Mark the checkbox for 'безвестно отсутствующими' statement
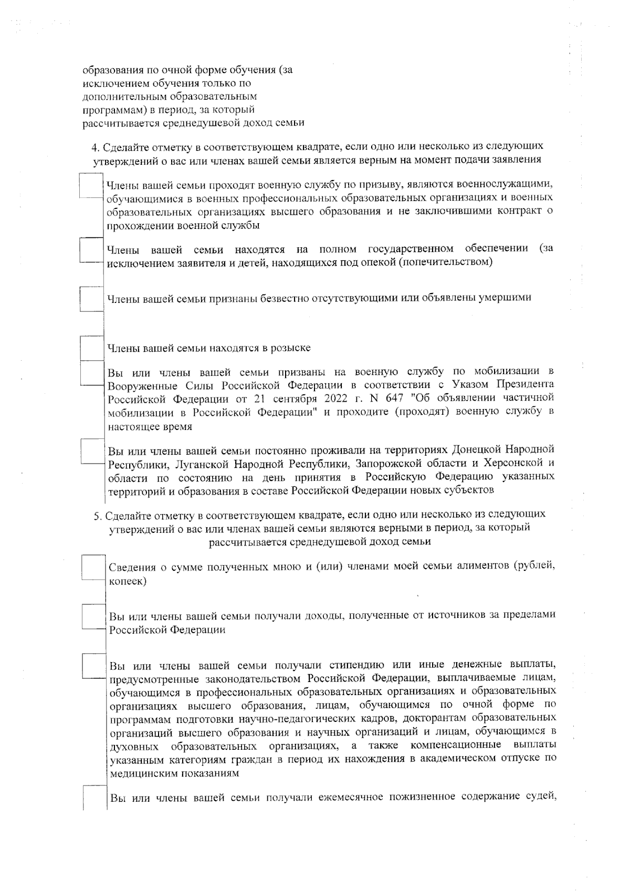[91, 298]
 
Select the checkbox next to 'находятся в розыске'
[92, 347]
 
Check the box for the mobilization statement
[92, 373]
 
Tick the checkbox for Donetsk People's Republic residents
[93, 451]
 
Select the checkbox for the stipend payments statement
[94, 665]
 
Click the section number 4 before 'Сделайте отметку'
[95, 146]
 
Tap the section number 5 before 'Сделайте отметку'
[97, 515]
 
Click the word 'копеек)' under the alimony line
[127, 581]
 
